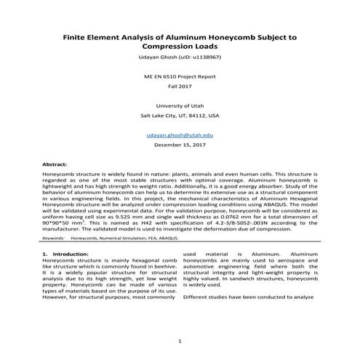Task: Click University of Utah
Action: coord(179,106)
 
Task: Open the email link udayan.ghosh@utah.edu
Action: coord(179,135)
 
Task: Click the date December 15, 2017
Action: coord(179,145)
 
